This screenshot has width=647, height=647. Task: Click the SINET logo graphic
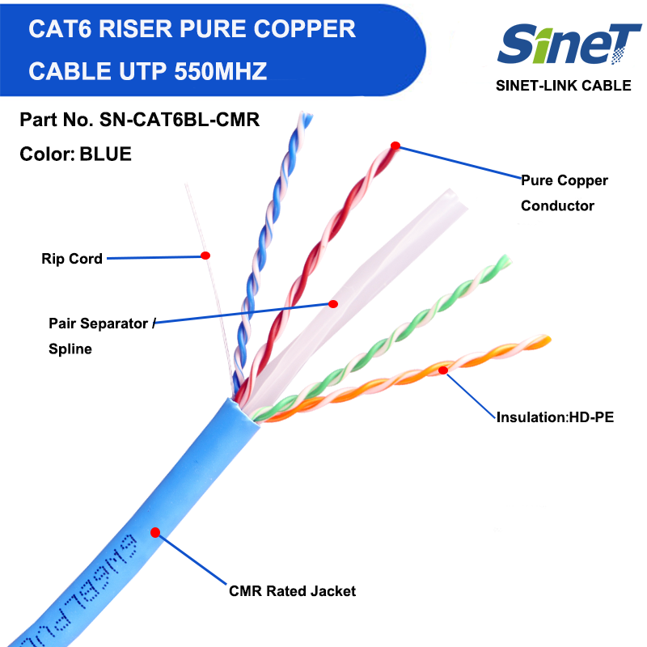pos(569,44)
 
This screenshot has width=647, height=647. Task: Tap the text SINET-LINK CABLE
pos(563,86)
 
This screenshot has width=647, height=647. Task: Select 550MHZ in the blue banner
pos(220,70)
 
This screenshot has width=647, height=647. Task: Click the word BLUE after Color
pos(105,154)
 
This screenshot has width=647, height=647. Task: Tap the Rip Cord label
pos(72,259)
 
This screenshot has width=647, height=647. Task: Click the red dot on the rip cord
pos(205,256)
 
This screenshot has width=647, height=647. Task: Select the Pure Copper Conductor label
pos(564,192)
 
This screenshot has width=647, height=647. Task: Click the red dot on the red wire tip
pos(395,146)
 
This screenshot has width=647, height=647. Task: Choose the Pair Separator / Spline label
pos(99,336)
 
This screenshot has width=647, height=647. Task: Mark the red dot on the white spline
pos(332,303)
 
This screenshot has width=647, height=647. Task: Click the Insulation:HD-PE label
pos(549,417)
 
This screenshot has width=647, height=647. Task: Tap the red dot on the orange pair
pos(443,370)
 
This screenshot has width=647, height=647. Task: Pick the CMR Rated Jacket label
pos(292,591)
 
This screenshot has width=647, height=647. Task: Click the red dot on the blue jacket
pos(155,531)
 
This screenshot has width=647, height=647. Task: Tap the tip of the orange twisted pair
pos(545,340)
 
